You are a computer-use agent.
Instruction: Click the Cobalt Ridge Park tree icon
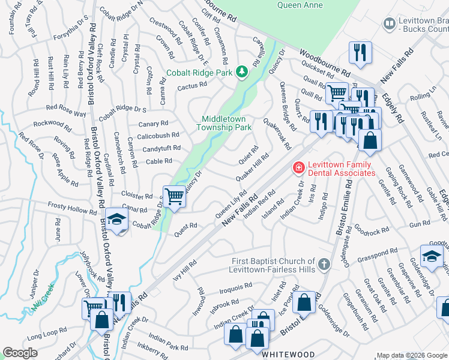point(242,72)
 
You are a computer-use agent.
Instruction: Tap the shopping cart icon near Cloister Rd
point(174,196)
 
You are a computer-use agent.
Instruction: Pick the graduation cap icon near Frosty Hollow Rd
point(118,221)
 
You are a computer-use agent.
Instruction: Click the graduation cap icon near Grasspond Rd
point(432,256)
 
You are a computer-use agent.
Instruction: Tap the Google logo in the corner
point(20,353)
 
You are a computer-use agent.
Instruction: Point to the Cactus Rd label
point(191,88)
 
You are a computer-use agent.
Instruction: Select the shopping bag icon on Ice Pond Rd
point(305,304)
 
